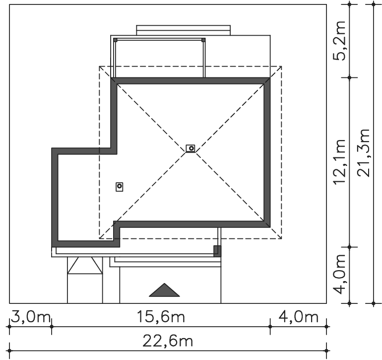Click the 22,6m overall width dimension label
click(x=168, y=341)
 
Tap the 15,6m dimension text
click(x=161, y=317)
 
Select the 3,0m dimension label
click(x=31, y=317)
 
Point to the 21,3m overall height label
click(x=363, y=152)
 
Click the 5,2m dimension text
click(x=339, y=41)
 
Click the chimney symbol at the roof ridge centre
click(x=191, y=148)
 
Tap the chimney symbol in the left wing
click(x=120, y=187)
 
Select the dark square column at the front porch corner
click(x=217, y=251)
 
